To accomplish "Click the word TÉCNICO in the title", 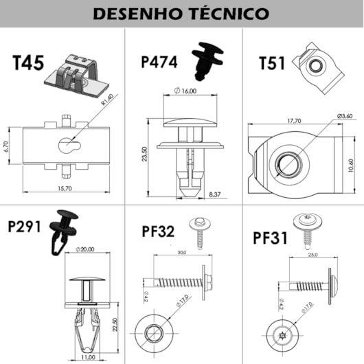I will tap(225, 13).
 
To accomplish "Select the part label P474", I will tap(159, 62).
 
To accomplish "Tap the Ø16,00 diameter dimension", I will tap(186, 91).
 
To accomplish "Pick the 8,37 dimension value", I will tap(214, 194).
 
